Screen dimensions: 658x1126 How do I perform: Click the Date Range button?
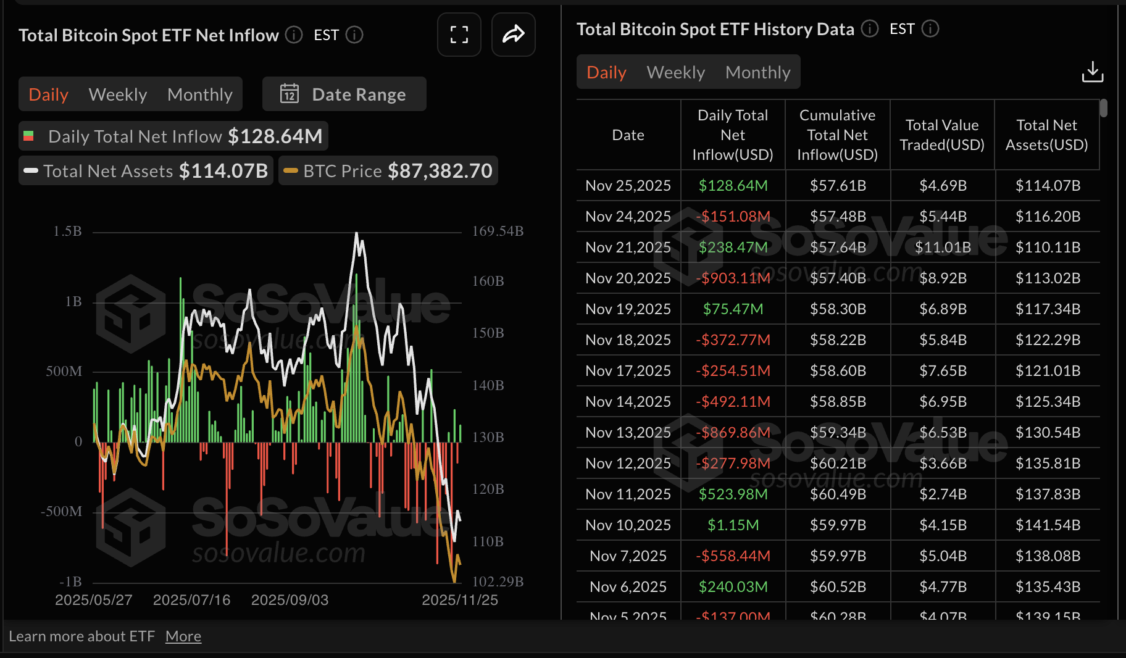tap(344, 94)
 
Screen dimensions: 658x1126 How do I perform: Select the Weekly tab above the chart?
tap(117, 94)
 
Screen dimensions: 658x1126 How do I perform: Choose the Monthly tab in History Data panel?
tap(757, 72)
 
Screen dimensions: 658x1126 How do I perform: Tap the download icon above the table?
tap(1092, 72)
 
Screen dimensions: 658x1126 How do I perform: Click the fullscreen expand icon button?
tap(459, 35)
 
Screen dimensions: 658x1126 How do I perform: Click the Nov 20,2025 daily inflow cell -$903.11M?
tap(733, 278)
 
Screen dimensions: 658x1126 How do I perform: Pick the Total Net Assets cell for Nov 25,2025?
tap(1048, 186)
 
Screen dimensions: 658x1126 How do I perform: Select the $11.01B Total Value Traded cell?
tap(943, 248)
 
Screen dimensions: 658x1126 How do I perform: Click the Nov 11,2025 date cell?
tap(628, 494)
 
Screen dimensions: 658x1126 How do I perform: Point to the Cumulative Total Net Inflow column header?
tap(837, 135)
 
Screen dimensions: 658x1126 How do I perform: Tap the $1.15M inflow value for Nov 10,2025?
tap(733, 525)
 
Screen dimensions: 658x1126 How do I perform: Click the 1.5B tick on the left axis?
tap(67, 231)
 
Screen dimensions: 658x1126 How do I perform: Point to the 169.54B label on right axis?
tap(498, 231)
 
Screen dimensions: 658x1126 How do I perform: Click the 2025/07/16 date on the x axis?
tap(191, 600)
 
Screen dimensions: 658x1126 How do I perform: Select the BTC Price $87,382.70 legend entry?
tap(388, 171)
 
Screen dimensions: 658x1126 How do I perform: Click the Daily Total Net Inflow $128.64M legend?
tap(173, 136)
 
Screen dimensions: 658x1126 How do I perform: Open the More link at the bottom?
tap(183, 636)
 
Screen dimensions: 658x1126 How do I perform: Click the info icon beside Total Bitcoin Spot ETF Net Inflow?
tap(294, 35)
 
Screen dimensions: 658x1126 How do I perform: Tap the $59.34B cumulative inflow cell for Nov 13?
tap(838, 433)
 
